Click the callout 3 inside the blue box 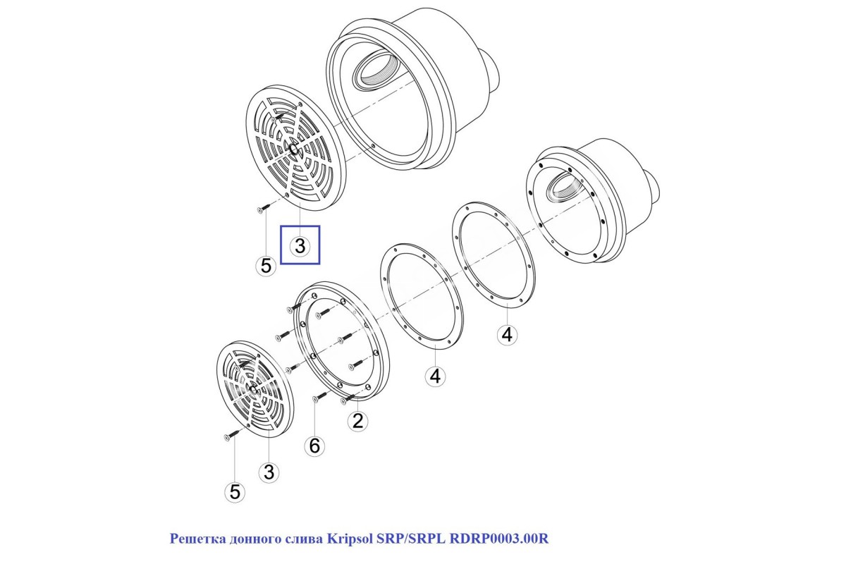300,246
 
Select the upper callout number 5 266,266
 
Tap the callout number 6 314,446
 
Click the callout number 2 358,422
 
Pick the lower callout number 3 269,472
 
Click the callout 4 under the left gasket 435,376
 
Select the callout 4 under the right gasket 506,335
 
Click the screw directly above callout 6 317,398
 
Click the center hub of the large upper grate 295,148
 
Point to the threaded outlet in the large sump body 371,71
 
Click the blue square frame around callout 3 300,226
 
